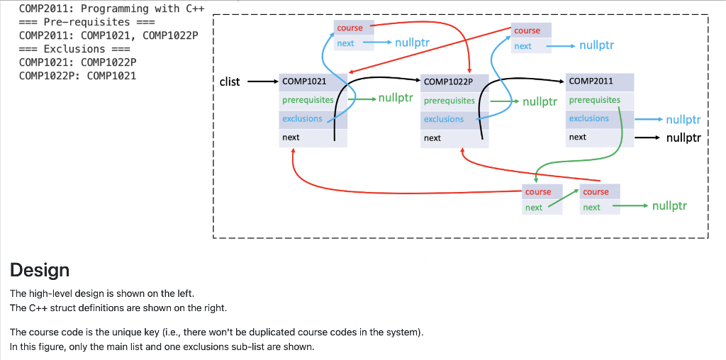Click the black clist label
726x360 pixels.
coord(230,82)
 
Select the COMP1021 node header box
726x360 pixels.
coord(313,82)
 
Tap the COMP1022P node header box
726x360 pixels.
coord(454,82)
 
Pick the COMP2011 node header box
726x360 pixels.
coord(600,82)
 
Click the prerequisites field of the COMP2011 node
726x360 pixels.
coord(600,100)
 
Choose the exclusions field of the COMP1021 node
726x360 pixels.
coord(313,119)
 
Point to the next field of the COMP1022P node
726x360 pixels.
coord(454,138)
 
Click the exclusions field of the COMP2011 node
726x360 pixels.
coord(600,118)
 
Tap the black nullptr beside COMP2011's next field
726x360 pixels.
coord(684,137)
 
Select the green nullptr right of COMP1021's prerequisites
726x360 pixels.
coord(396,98)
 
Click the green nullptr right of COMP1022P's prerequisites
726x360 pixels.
coord(540,101)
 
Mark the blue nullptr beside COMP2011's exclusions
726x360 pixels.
coord(683,120)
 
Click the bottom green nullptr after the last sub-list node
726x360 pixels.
coord(669,206)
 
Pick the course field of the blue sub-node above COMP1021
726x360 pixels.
coord(354,28)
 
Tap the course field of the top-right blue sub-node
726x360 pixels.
coord(531,30)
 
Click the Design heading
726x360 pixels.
coord(40,270)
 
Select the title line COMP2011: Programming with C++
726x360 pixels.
coord(112,9)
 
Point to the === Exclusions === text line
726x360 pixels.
coord(75,49)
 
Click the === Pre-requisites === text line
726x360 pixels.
coord(87,22)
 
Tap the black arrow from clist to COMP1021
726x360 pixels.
coord(263,82)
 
